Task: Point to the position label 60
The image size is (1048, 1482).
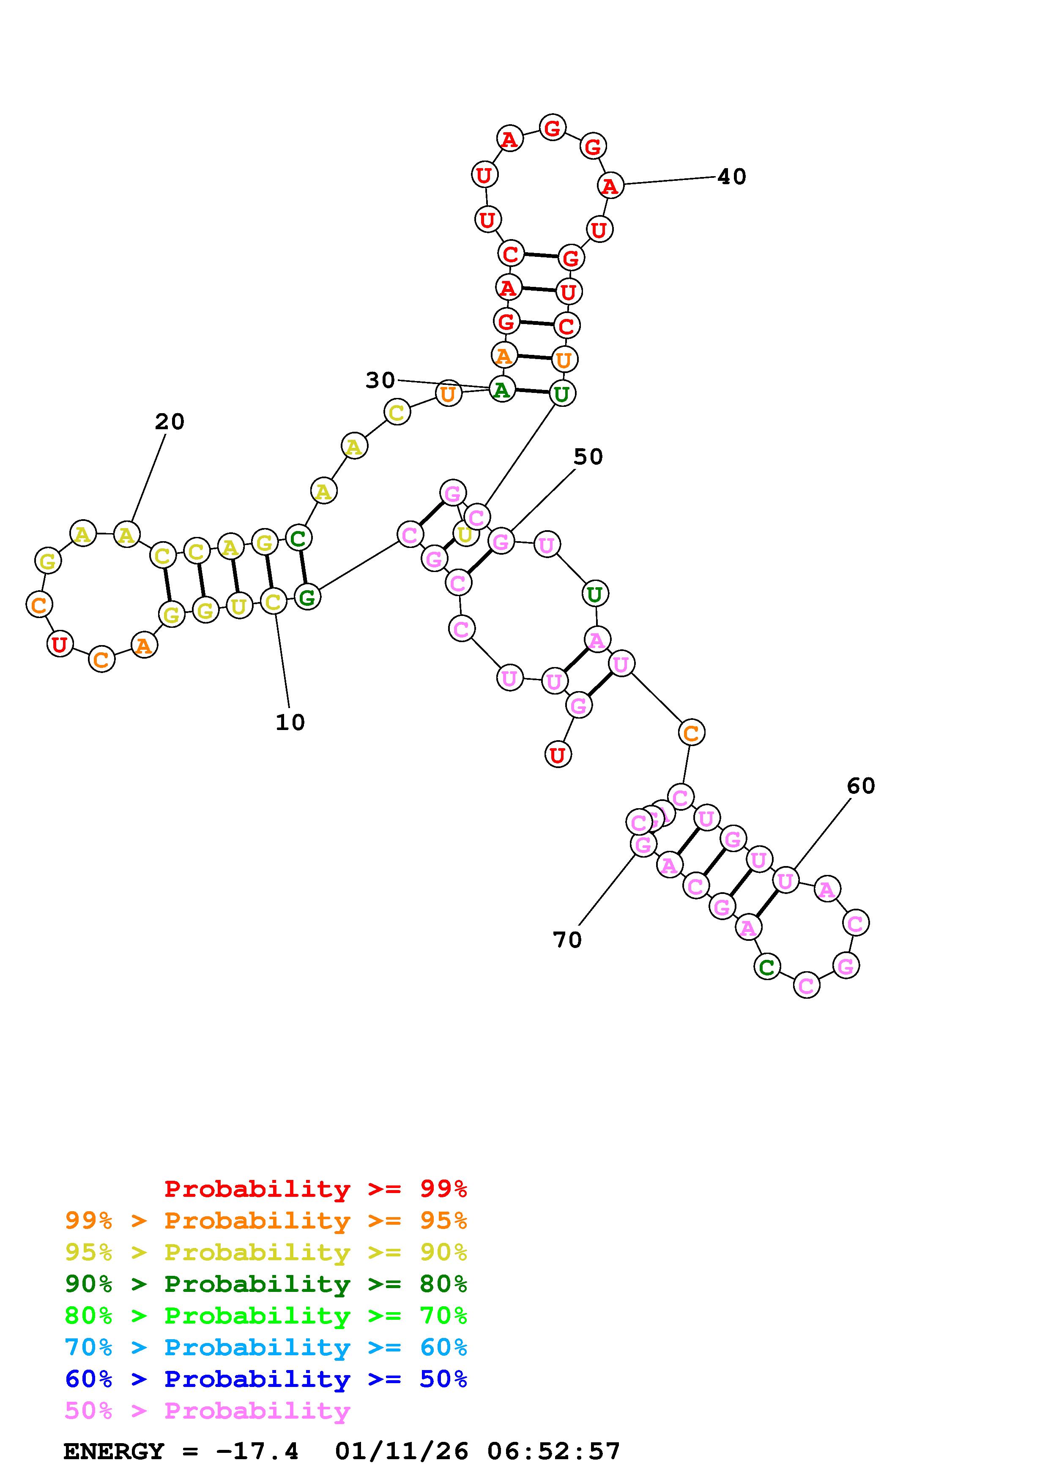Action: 861,785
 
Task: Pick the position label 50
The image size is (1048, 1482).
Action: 588,457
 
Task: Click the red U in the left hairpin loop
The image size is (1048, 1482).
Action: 60,643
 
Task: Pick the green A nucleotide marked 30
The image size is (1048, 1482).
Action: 502,389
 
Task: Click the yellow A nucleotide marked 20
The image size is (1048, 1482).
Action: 126,534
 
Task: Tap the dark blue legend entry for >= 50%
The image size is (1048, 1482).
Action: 266,1379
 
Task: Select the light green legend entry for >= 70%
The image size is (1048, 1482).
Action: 266,1316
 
